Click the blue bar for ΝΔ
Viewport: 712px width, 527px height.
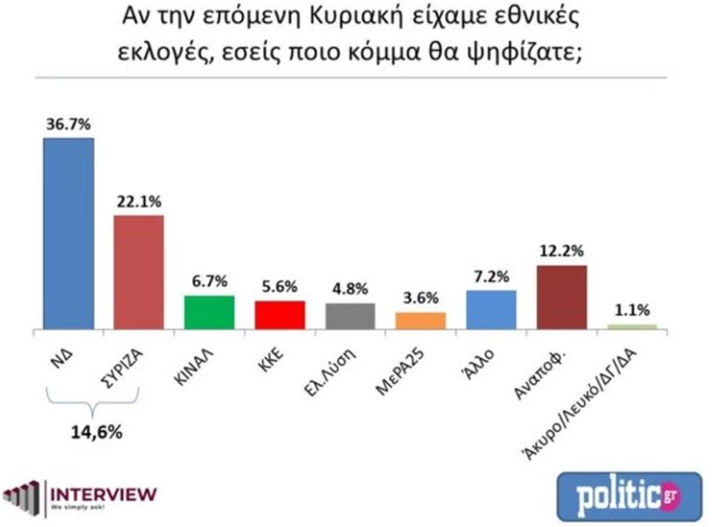click(x=69, y=234)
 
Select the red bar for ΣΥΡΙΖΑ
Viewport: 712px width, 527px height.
click(x=139, y=272)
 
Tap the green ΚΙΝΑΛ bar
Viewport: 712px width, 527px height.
click(x=209, y=312)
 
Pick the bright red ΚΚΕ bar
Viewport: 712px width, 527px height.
click(x=279, y=315)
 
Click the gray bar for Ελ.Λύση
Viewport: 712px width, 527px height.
click(x=349, y=317)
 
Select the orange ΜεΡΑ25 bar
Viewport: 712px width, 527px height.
click(x=419, y=320)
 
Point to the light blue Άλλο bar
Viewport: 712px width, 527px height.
click(x=491, y=310)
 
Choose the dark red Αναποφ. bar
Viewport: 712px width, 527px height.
click(x=561, y=298)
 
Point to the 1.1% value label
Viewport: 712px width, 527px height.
click(x=631, y=312)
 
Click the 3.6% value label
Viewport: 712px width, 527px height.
click(x=419, y=300)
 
